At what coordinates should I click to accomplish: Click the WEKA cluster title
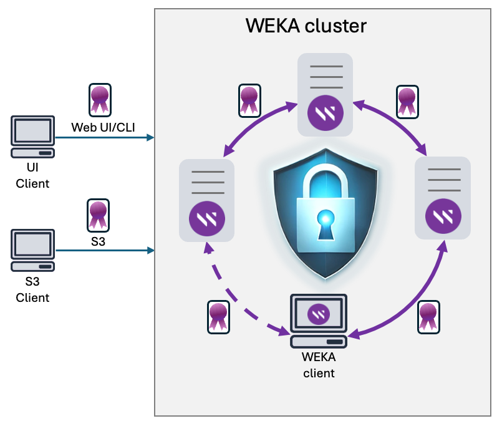306,26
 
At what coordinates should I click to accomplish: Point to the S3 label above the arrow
98,241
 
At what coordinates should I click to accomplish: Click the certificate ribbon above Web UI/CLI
99,100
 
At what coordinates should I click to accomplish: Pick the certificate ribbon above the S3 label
98,215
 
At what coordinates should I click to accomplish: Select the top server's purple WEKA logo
325,115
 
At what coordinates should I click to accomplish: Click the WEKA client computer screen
319,313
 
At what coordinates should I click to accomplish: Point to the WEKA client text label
319,365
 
